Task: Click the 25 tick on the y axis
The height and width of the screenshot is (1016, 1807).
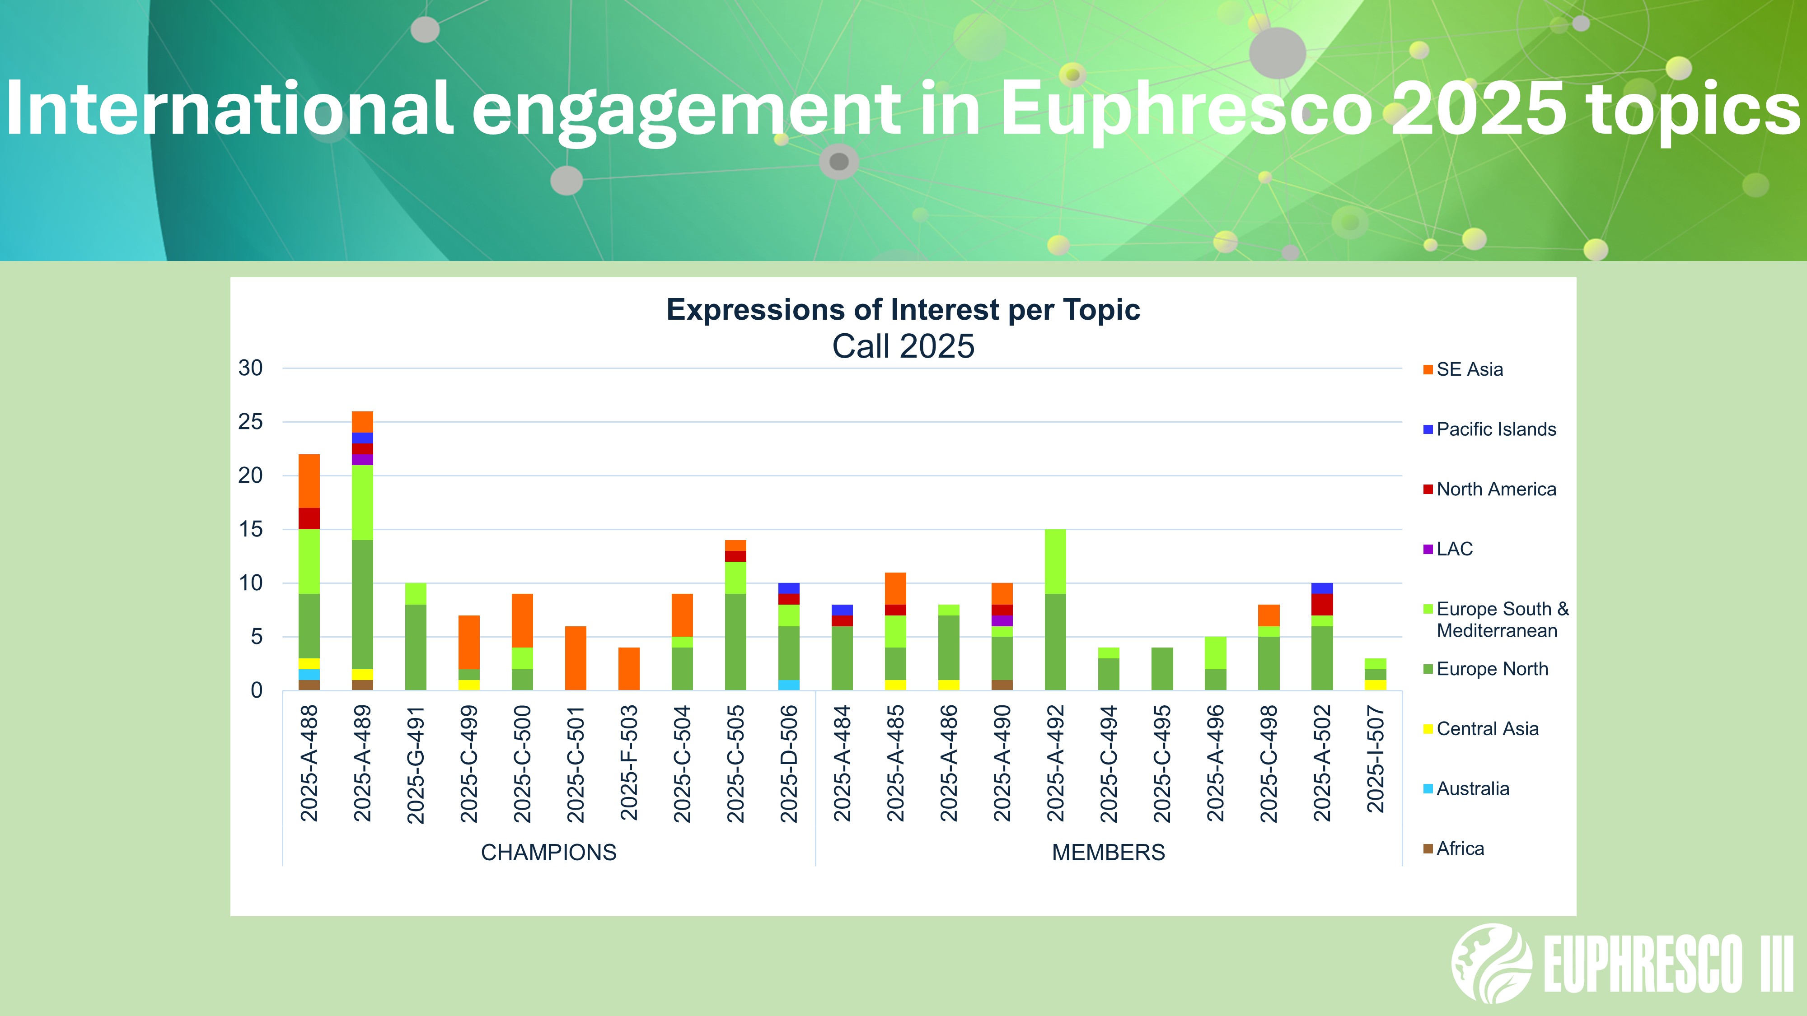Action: pyautogui.click(x=250, y=422)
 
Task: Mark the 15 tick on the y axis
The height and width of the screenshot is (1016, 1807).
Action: pyautogui.click(x=250, y=529)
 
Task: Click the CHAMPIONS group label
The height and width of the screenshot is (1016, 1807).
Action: pyautogui.click(x=548, y=853)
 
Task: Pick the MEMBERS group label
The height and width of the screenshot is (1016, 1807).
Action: pyautogui.click(x=1108, y=853)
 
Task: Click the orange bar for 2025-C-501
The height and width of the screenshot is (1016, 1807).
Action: pyautogui.click(x=576, y=658)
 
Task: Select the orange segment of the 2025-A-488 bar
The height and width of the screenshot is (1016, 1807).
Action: pyautogui.click(x=309, y=481)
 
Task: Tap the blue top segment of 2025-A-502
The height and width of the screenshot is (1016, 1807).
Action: pyautogui.click(x=1322, y=588)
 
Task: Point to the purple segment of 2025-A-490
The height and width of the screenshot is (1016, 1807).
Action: pyautogui.click(x=1002, y=620)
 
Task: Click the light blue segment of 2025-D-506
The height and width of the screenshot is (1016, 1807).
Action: pyautogui.click(x=789, y=685)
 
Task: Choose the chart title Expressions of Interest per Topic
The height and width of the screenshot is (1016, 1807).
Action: pyautogui.click(x=903, y=310)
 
